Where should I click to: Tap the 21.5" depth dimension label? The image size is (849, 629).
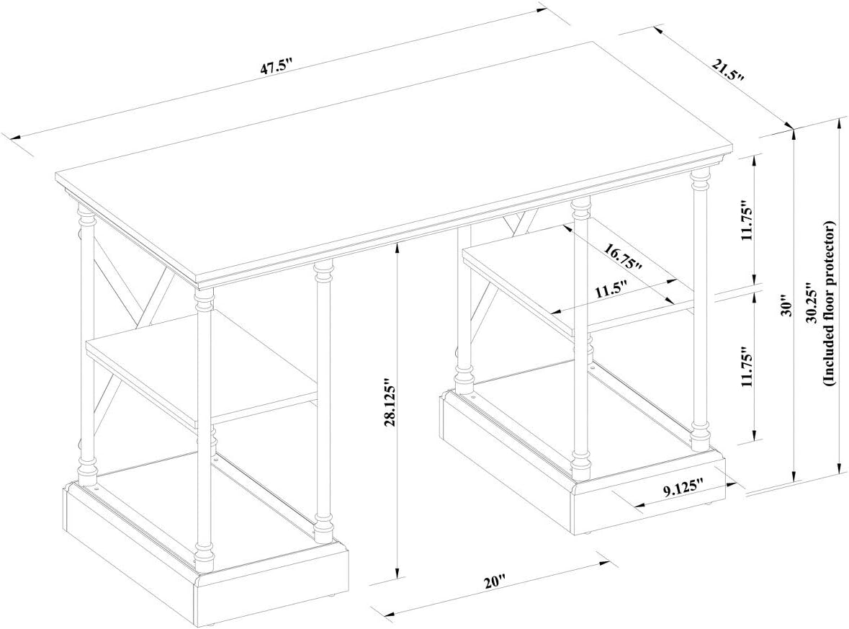(x=728, y=70)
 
